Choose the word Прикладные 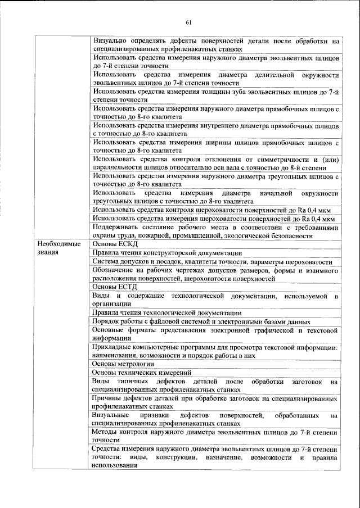(114, 347)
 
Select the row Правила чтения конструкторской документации (167, 253)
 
